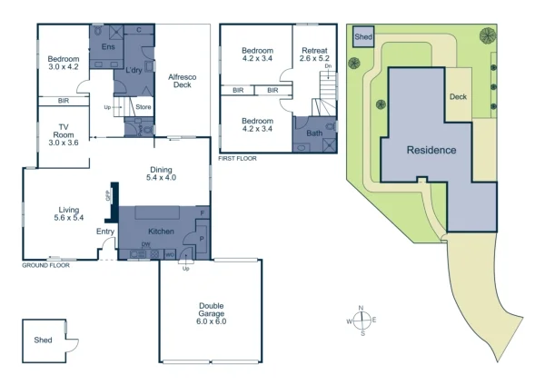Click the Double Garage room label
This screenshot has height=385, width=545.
point(211,314)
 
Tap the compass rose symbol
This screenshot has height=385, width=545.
point(362,321)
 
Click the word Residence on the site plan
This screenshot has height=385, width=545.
point(431,150)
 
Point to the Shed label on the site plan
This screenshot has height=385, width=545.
point(363,37)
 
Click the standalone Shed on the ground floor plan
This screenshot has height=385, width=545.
point(44,341)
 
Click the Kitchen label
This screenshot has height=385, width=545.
point(161,232)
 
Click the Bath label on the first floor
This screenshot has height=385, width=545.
point(314,133)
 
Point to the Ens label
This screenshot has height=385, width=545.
point(108,45)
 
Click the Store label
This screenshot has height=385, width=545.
point(143,107)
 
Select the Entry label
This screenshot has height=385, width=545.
point(105,232)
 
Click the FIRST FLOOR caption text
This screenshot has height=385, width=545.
point(239,158)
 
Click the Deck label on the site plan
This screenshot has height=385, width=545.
point(458,95)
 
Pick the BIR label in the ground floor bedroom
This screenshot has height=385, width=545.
point(64,100)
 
